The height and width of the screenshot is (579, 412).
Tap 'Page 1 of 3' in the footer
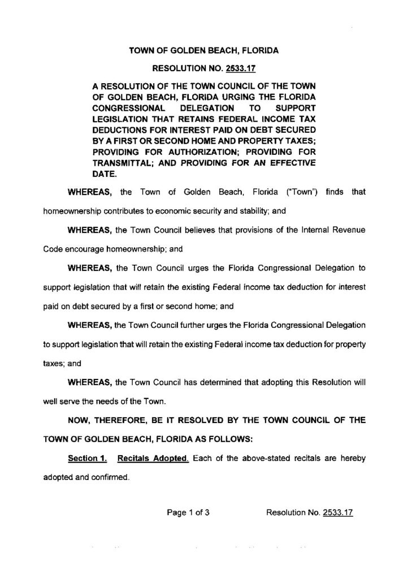click(188, 513)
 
